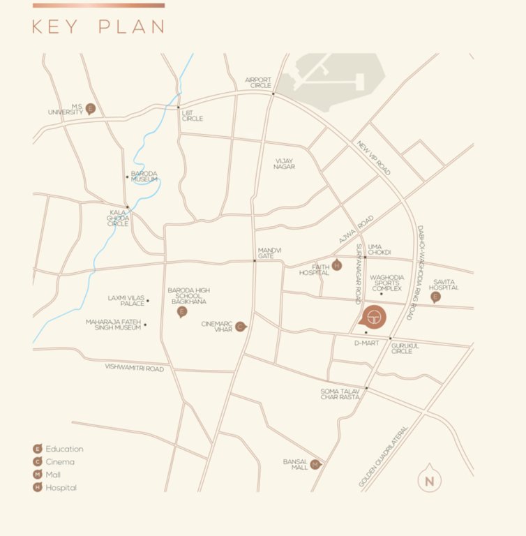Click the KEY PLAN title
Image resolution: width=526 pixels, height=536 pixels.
[x=98, y=27]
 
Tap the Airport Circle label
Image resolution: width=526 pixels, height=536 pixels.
[x=257, y=82]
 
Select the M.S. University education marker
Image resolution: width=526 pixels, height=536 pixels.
[x=90, y=109]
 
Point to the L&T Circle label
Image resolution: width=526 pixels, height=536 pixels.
[x=193, y=115]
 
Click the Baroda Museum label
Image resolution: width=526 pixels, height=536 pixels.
[x=144, y=177]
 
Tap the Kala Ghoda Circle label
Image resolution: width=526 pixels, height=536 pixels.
[x=118, y=218]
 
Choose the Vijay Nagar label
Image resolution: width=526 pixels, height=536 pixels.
[x=284, y=163]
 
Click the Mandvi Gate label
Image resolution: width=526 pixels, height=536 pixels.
[x=269, y=253]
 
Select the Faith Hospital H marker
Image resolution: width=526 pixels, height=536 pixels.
[x=337, y=265]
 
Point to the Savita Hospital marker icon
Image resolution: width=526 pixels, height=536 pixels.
[x=436, y=297]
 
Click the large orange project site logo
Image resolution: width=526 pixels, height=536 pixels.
[x=371, y=316]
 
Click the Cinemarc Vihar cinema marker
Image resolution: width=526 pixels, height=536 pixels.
[x=240, y=326]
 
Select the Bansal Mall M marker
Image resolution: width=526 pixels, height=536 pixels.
[x=315, y=464]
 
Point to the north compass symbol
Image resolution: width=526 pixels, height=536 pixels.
[x=429, y=479]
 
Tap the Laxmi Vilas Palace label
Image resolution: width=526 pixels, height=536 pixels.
[x=126, y=301]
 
